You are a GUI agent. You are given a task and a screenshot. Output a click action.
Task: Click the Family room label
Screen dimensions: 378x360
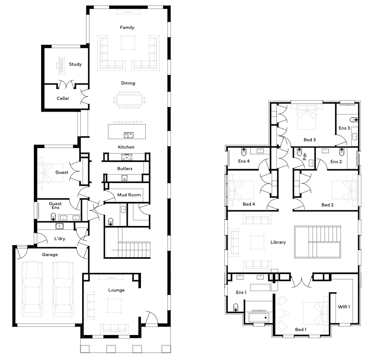127,27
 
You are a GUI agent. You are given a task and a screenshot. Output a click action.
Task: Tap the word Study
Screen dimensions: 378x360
75,64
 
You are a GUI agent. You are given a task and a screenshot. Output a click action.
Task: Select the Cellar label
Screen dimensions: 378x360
63,98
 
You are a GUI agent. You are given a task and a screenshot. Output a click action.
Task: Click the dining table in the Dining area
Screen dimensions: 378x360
130,99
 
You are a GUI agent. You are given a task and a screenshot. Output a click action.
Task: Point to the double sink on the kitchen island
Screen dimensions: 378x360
129,135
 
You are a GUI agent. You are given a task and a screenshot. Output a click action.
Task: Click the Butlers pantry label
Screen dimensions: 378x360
125,169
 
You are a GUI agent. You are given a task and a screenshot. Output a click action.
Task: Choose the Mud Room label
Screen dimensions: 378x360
129,195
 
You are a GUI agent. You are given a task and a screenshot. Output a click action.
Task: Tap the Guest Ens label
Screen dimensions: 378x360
55,206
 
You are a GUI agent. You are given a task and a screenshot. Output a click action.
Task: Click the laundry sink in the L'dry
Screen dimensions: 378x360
59,226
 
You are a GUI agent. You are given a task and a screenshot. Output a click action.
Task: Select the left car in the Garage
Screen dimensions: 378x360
33,289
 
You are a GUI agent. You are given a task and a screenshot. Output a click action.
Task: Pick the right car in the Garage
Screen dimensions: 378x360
63,289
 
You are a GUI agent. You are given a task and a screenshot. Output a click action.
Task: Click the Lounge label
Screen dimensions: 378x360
116,290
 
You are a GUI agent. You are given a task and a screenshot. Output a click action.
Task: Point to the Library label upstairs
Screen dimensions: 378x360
278,242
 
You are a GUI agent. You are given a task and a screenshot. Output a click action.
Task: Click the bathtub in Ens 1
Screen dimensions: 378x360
259,318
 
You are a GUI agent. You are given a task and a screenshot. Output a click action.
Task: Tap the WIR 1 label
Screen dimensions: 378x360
344,307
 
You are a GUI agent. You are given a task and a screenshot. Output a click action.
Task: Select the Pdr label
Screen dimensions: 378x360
304,157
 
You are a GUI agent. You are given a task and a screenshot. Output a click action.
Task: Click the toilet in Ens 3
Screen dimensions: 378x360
354,120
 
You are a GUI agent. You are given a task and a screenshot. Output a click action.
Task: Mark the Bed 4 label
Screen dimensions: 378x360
249,204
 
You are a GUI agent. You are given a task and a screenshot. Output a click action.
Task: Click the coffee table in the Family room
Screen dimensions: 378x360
128,43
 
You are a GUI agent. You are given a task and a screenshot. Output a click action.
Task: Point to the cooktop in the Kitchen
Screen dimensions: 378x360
127,158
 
